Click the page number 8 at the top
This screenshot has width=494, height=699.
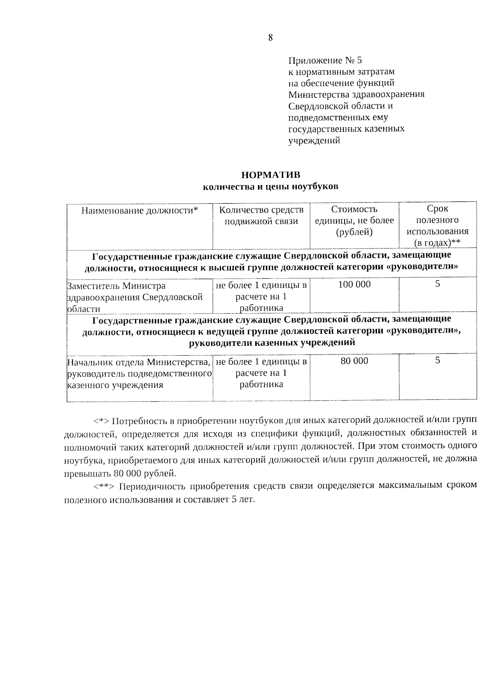(270, 38)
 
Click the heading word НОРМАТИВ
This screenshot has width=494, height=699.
(271, 175)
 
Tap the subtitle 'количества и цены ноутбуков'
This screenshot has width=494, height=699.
(271, 187)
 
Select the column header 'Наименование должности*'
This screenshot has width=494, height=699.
(140, 211)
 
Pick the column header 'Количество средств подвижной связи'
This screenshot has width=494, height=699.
(261, 216)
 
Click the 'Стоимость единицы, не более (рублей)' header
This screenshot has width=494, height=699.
(354, 221)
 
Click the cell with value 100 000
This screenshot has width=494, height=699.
(354, 284)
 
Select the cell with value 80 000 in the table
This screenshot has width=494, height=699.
(354, 361)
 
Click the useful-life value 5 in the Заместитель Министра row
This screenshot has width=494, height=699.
(438, 284)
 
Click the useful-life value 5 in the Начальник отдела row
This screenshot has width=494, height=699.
(438, 361)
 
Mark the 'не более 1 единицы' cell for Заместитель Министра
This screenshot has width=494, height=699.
(261, 296)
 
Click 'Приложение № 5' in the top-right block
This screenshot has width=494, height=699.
(325, 61)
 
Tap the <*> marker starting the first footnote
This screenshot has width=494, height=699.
(101, 421)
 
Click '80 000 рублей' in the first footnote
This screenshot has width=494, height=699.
(150, 473)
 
